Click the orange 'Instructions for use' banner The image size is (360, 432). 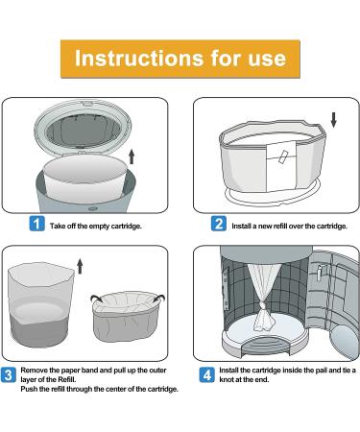(180, 58)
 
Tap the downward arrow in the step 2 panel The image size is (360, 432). (332, 121)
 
